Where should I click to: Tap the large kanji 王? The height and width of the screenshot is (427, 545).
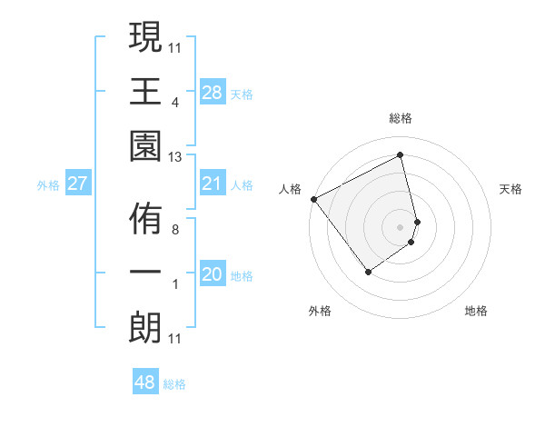point(145,91)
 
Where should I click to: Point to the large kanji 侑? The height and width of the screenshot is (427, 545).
point(145,219)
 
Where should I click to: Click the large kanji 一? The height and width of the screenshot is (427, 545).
point(145,273)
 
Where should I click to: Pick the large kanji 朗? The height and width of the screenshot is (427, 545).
point(145,327)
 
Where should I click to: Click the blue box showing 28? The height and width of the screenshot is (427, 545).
point(213,93)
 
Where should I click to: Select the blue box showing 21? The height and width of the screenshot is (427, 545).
point(213,184)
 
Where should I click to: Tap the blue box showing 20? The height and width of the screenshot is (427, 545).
point(213,274)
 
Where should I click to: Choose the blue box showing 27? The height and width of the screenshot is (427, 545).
point(77,184)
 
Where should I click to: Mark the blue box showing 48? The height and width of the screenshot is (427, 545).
point(145,382)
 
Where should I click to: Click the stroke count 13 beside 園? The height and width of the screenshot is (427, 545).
point(175,157)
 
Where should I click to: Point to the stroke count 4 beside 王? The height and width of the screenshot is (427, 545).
point(174,102)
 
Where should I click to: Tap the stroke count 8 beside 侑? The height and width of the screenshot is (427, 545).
point(174,230)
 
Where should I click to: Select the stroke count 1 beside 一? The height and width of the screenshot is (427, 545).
point(174,284)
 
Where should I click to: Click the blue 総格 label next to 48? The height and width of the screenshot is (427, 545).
point(174,384)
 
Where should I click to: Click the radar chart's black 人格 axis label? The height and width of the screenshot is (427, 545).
point(291,189)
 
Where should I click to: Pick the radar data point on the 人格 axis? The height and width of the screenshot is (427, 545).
point(313,199)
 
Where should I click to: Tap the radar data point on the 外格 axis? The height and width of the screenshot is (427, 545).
point(368,272)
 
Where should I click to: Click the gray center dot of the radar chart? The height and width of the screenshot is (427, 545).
point(401,226)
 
